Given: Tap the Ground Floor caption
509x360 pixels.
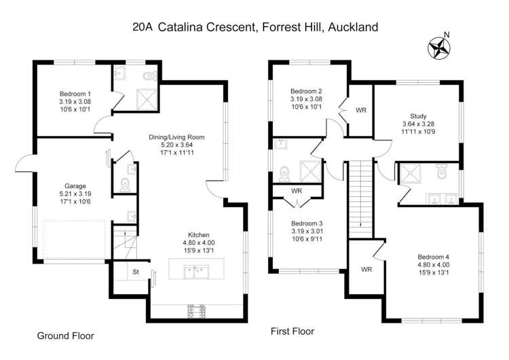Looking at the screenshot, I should click(x=65, y=336).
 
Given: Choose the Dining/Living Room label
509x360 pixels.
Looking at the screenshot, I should click(x=176, y=137).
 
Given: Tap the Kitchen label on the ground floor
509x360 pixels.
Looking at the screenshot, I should click(x=199, y=234).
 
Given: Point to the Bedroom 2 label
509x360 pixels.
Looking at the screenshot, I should click(x=306, y=91).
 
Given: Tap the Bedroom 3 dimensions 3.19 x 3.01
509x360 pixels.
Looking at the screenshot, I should click(x=306, y=231).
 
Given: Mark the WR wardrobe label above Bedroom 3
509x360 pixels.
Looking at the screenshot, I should click(x=297, y=191).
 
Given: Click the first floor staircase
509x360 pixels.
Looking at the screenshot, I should click(x=360, y=197).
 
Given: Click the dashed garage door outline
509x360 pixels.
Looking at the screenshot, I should click(x=73, y=240).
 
